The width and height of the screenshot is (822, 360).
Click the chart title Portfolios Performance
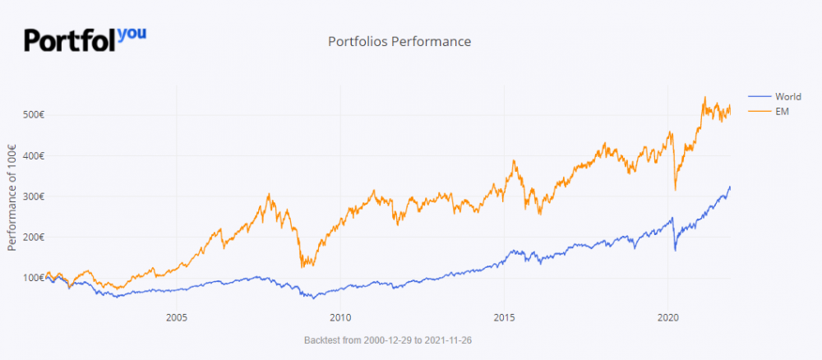(399, 41)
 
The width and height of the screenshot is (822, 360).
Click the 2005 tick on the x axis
(175, 316)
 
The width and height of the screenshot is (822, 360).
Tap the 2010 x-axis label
(339, 316)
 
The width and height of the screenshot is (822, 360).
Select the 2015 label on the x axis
(504, 316)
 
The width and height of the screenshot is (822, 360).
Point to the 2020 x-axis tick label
(668, 316)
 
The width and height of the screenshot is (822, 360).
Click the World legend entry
(787, 97)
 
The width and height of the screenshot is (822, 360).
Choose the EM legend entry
(782, 111)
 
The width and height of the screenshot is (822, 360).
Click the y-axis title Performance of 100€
(12, 197)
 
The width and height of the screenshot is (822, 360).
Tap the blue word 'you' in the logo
(132, 34)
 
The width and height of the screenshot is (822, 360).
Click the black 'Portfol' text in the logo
(70, 40)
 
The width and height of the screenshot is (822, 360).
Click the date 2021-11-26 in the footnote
(455, 339)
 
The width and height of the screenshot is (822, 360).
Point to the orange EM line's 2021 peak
(704, 98)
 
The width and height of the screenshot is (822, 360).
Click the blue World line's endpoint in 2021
(730, 187)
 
